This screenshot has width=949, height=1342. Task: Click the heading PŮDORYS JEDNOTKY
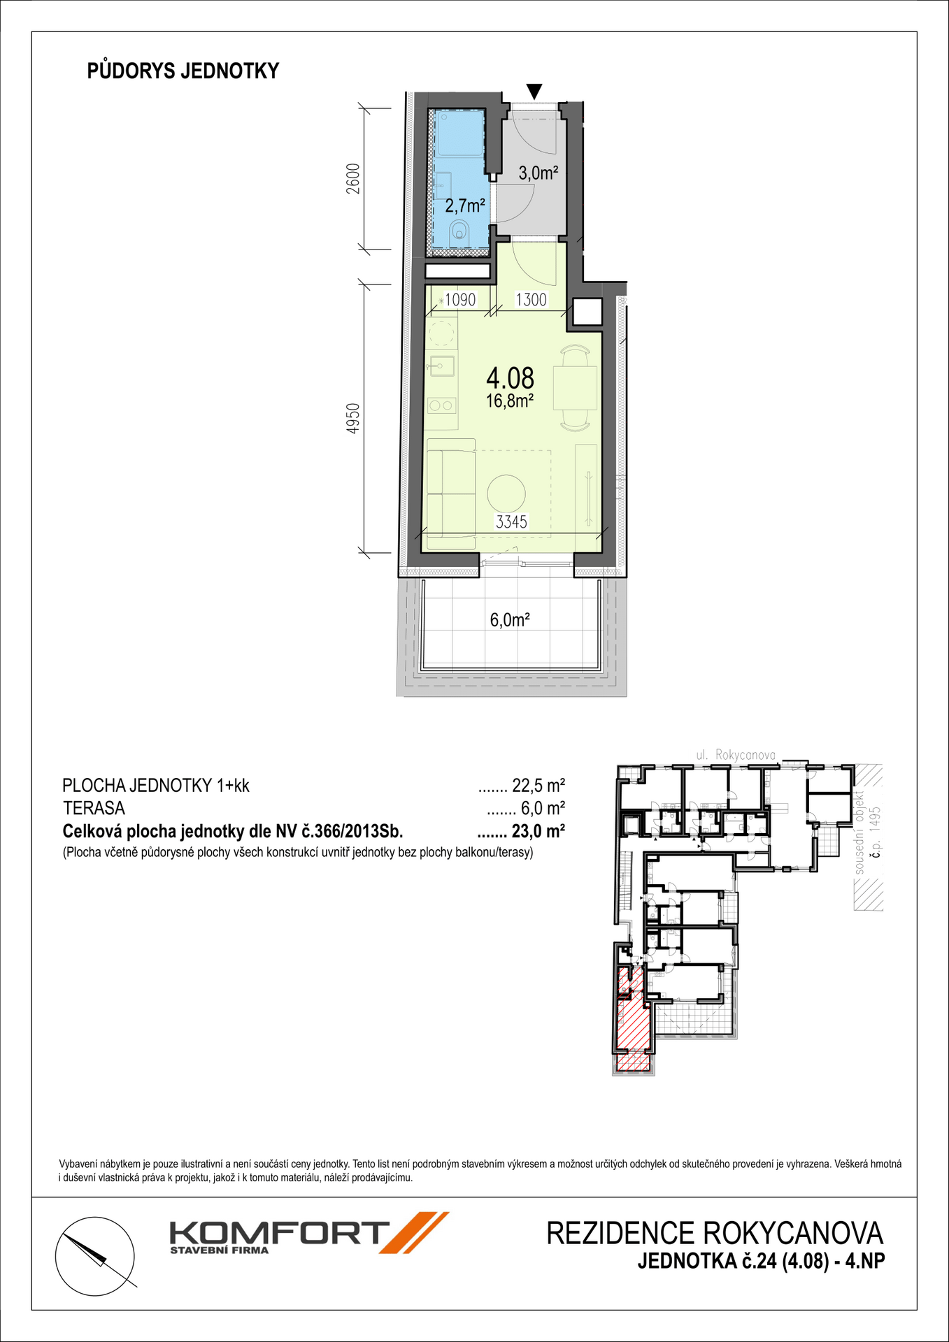pyautogui.click(x=183, y=71)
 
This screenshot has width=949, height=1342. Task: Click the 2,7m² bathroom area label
pyautogui.click(x=465, y=205)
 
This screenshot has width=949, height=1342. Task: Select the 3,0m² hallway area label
pyautogui.click(x=538, y=172)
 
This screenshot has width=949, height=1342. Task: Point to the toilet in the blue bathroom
pyautogui.click(x=460, y=230)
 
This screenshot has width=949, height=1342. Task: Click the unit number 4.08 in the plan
pyautogui.click(x=511, y=378)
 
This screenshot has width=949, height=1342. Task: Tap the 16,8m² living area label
pyautogui.click(x=511, y=401)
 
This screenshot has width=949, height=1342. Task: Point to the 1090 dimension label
pyautogui.click(x=460, y=300)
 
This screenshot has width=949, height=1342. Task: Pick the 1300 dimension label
pyautogui.click(x=531, y=300)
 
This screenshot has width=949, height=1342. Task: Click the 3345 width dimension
pyautogui.click(x=512, y=521)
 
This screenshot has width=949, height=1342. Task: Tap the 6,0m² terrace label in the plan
pyautogui.click(x=510, y=620)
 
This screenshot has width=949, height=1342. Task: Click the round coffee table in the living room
pyautogui.click(x=506, y=493)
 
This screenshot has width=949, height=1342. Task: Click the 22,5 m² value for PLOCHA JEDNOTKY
pyautogui.click(x=538, y=786)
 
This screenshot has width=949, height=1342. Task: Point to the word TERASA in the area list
pyautogui.click(x=94, y=809)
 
